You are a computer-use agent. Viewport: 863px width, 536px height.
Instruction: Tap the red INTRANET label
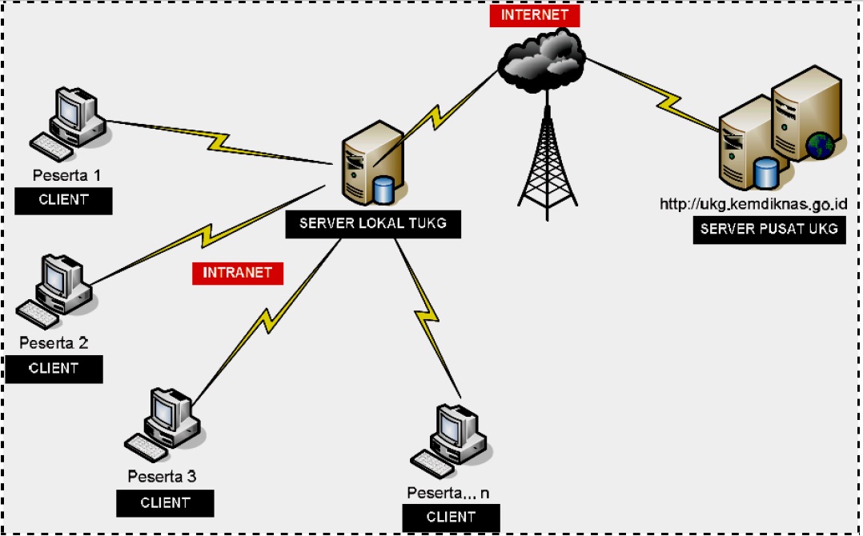tap(238, 273)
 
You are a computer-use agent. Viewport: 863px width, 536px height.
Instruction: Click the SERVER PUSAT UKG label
tap(769, 230)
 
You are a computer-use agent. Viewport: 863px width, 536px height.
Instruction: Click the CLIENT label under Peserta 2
tap(54, 370)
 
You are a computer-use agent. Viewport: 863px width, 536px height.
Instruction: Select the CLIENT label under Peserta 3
tap(165, 503)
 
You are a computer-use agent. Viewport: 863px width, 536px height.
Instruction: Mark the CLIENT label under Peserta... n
tap(451, 518)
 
